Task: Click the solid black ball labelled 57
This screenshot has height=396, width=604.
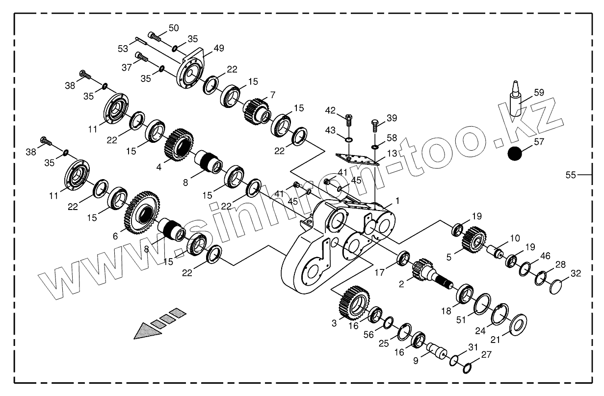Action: click(x=516, y=154)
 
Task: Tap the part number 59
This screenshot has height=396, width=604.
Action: click(x=539, y=92)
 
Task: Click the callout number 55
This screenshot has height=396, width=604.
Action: click(x=570, y=174)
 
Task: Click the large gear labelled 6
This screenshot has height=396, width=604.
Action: click(x=139, y=212)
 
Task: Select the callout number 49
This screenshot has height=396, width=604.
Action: click(x=218, y=49)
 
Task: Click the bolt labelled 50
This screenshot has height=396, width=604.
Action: click(x=155, y=36)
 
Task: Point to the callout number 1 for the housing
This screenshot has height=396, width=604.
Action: click(x=397, y=201)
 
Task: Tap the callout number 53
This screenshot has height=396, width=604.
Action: click(x=123, y=49)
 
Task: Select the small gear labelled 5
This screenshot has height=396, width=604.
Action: click(x=473, y=239)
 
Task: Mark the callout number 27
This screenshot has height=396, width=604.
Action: click(x=486, y=355)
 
